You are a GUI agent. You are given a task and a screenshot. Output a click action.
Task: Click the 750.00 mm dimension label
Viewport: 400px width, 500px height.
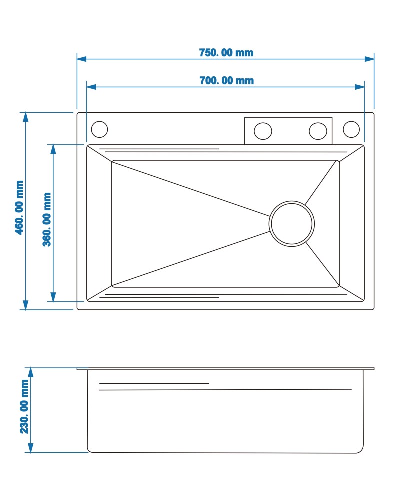tap(226, 52)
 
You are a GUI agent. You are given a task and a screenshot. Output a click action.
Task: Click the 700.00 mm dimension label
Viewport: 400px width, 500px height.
tap(227, 80)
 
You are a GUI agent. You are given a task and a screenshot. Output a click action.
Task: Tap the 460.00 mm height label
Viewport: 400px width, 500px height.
tap(20, 208)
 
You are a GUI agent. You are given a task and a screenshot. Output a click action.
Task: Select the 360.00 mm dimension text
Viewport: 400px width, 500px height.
tap(47, 219)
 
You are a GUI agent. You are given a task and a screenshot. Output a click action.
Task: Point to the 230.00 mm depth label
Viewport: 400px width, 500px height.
tap(24, 406)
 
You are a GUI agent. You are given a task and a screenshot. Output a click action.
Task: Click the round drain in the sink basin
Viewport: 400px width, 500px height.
tap(292, 224)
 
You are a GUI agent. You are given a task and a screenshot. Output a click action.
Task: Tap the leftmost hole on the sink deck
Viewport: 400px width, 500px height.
tap(99, 129)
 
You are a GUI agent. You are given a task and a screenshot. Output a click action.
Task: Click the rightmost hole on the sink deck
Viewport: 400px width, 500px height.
tap(351, 129)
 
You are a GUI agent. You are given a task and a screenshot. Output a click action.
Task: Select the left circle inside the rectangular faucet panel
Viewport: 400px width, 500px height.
tap(263, 131)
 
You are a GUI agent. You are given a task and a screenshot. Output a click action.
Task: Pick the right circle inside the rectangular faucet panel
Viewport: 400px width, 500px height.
tap(318, 131)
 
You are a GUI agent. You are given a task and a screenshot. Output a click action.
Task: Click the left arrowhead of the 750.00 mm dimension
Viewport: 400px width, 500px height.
tap(81, 59)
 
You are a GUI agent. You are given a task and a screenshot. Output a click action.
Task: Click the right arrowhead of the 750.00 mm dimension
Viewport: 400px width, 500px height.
tap(369, 59)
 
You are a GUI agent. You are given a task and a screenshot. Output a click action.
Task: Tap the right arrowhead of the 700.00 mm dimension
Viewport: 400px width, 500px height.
tap(360, 87)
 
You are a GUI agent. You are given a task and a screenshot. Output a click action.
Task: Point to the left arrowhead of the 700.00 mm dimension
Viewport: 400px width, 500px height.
tap(91, 87)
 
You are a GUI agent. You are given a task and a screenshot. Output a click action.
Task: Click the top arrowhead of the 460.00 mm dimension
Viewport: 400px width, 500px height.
tap(26, 117)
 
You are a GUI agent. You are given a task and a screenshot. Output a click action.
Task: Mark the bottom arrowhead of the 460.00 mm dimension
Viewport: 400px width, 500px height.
tap(26, 305)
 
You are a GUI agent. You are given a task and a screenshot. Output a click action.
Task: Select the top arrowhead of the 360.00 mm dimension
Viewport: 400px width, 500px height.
tap(53, 149)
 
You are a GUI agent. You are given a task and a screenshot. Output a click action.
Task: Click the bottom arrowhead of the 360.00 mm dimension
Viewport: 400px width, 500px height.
tap(53, 297)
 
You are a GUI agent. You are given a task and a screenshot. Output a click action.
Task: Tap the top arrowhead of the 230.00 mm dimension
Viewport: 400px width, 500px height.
tap(31, 372)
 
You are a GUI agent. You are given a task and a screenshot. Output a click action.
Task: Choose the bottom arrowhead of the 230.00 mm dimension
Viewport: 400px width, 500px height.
tap(31, 448)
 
